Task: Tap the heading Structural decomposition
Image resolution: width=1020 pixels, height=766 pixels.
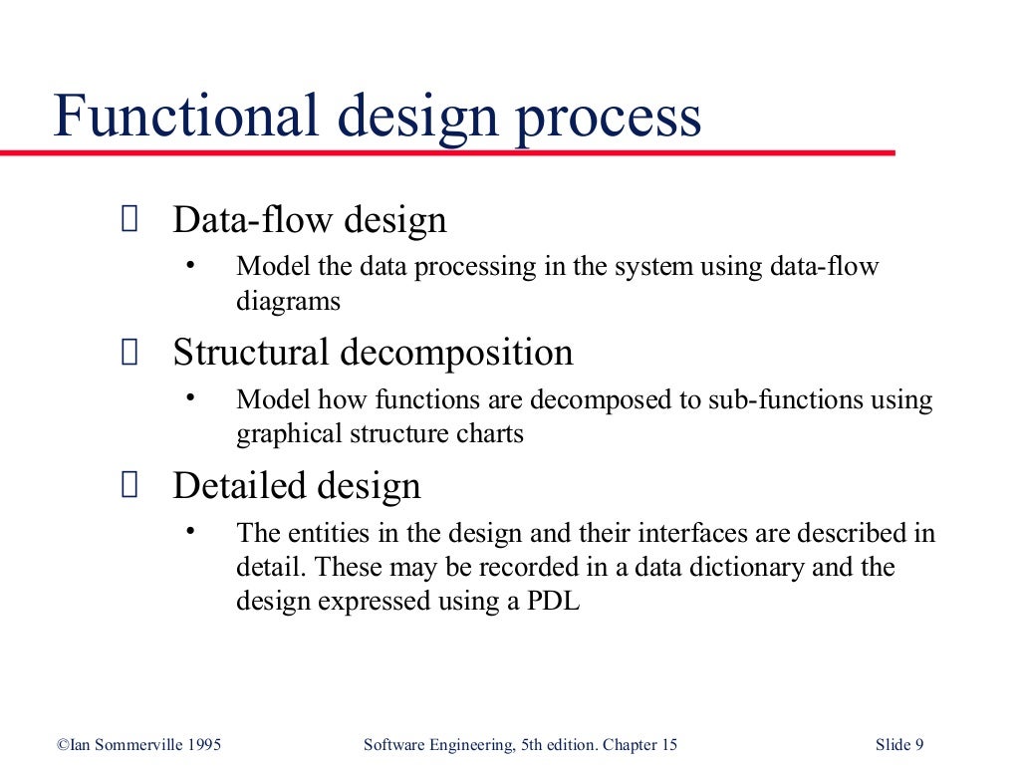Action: coord(373,353)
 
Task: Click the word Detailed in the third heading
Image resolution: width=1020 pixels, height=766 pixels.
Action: coord(239,486)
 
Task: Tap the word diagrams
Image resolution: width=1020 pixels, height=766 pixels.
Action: coord(288,301)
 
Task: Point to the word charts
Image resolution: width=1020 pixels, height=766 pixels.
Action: coord(489,434)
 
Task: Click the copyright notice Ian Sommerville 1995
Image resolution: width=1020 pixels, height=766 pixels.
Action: coord(138,745)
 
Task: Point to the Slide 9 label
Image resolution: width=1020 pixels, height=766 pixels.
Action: coord(899,745)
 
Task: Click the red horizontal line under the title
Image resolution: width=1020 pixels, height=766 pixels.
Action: coord(448,152)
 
